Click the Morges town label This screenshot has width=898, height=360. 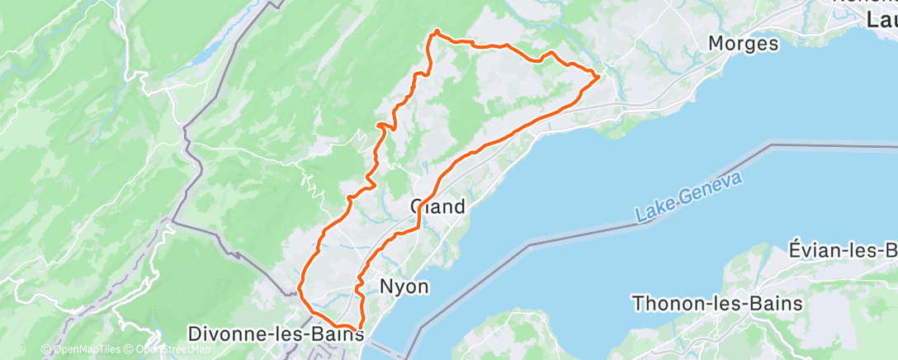[744, 44]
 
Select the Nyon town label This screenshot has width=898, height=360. [404, 287]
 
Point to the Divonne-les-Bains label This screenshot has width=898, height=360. [276, 334]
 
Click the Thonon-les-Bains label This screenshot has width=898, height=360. [717, 303]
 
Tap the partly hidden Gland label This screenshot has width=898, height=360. [438, 206]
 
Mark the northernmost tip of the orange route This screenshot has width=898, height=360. [436, 32]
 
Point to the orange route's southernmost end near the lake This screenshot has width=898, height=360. [361, 331]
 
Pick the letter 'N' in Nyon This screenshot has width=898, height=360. [385, 287]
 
